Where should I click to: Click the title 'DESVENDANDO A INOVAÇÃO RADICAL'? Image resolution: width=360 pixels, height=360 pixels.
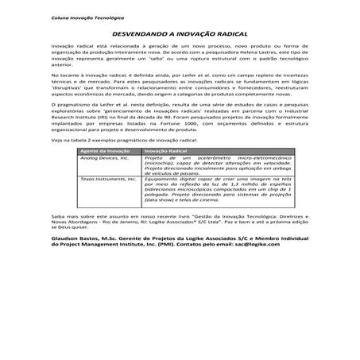point(180,36)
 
